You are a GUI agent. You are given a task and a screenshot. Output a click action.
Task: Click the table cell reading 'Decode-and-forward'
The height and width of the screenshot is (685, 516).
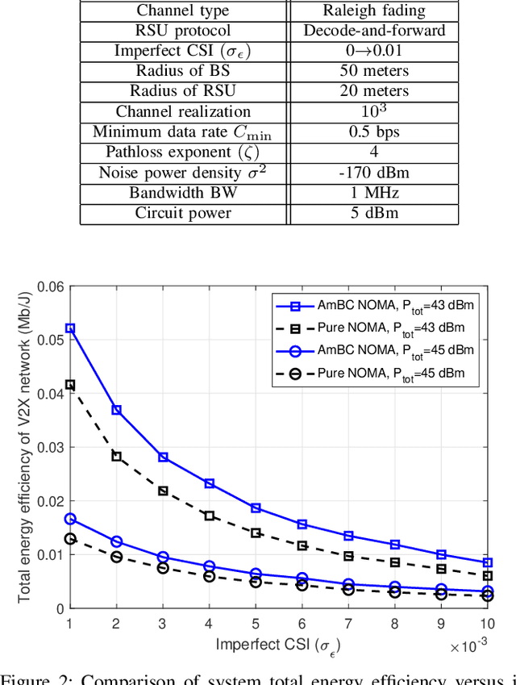click(373, 31)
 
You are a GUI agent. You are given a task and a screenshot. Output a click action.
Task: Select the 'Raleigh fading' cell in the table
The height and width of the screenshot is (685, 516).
click(373, 10)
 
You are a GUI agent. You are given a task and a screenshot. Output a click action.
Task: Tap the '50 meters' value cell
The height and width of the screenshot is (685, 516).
click(373, 71)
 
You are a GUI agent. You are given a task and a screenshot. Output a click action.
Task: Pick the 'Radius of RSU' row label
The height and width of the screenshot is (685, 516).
click(183, 91)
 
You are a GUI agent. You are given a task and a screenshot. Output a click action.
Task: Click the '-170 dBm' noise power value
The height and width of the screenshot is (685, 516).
click(373, 173)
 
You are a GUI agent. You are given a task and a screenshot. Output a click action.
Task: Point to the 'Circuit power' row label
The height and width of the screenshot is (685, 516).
click(183, 213)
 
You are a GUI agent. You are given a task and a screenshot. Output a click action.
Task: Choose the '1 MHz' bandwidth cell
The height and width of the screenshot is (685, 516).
click(373, 193)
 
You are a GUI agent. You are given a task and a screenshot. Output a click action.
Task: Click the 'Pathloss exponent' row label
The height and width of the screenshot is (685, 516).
click(183, 152)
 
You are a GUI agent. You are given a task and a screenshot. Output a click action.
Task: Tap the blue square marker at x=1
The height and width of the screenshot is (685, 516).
click(70, 328)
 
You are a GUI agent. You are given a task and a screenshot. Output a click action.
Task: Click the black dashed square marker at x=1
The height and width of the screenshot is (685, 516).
click(70, 385)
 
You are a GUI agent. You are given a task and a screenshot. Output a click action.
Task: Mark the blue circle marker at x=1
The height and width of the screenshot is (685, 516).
click(70, 519)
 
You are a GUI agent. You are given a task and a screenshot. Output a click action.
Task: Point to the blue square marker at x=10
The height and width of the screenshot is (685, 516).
click(488, 562)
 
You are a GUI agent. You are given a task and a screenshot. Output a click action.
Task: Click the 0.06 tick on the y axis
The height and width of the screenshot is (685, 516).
click(52, 286)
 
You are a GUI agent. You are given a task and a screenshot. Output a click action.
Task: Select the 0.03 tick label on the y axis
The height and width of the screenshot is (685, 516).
click(52, 447)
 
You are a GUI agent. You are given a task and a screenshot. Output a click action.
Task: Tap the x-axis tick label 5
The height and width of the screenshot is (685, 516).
click(256, 623)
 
